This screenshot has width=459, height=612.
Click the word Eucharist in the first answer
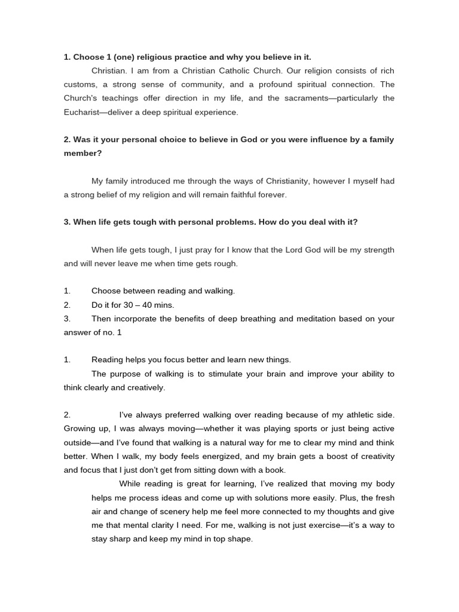pyautogui.click(x=82, y=112)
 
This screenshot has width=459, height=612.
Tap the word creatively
pyautogui.click(x=143, y=387)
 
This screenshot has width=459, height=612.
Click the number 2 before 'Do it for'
pyautogui.click(x=67, y=305)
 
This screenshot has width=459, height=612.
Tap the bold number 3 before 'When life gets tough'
pyautogui.click(x=67, y=222)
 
